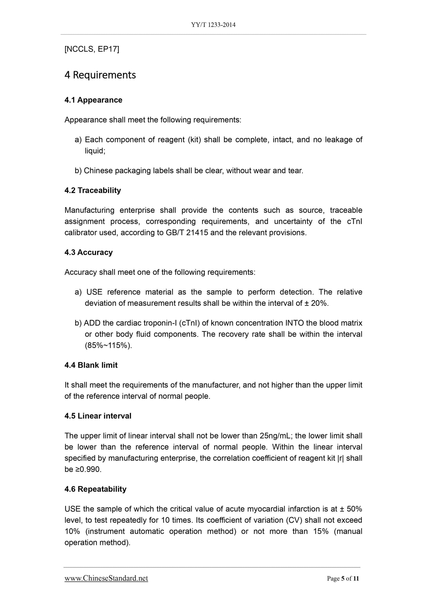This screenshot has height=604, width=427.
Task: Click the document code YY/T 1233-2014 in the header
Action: click(213, 25)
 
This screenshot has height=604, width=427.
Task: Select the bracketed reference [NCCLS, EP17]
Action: click(92, 49)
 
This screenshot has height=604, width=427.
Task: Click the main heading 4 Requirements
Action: click(100, 75)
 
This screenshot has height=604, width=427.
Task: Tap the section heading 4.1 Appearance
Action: click(93, 100)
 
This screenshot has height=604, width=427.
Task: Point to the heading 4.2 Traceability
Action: click(93, 190)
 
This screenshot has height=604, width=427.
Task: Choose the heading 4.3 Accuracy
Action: click(89, 252)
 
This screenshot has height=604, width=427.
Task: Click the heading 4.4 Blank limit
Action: click(91, 365)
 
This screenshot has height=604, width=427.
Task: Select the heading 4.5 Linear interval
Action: click(98, 416)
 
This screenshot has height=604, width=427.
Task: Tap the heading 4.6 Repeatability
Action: click(95, 489)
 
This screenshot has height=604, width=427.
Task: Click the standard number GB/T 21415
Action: click(187, 233)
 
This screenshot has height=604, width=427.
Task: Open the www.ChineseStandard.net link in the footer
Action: click(106, 578)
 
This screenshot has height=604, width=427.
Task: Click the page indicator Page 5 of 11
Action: click(343, 579)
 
